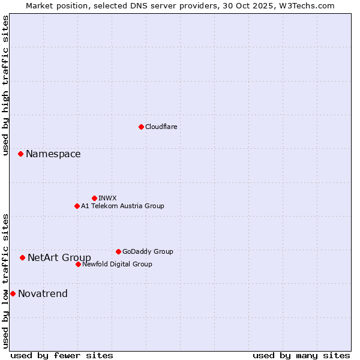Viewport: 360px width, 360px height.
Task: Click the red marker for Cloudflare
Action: [141, 127]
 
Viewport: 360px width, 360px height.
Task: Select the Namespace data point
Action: [20, 154]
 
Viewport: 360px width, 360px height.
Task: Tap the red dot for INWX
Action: [94, 198]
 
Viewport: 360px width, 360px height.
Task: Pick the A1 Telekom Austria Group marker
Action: [77, 206]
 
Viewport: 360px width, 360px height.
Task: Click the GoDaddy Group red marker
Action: [118, 251]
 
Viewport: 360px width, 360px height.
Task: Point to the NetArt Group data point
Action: [22, 258]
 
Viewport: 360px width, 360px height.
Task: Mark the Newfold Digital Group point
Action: [78, 264]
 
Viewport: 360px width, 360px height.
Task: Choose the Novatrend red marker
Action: [13, 293]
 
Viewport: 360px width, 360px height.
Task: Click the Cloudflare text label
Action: [161, 127]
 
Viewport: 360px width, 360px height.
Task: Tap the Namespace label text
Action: [53, 154]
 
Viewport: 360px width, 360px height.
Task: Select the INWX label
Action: [107, 198]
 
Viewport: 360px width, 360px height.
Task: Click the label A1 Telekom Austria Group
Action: [122, 206]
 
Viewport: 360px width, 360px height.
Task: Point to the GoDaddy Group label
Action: [148, 251]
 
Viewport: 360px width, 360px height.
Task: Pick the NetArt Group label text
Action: [59, 258]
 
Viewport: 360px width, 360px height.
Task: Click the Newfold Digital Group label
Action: [117, 264]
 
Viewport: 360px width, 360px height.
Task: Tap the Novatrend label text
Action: [43, 293]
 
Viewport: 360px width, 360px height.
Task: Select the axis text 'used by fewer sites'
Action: [62, 355]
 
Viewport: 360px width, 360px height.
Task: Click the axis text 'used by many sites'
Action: [301, 355]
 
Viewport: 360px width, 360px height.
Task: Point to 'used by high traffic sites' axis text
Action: [5, 85]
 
